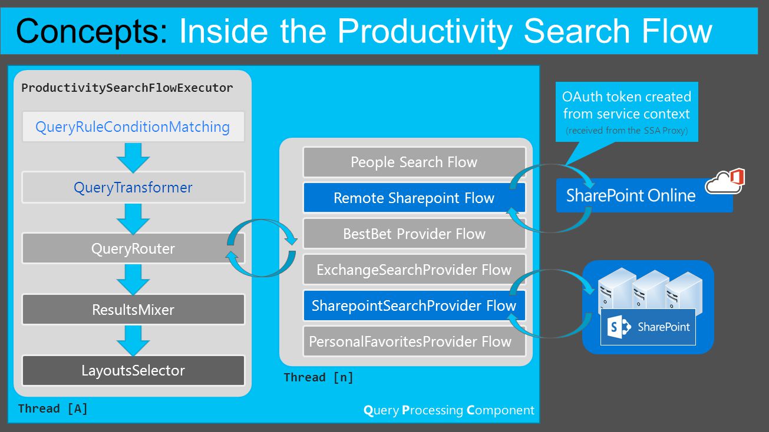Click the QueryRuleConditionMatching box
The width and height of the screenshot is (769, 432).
133,127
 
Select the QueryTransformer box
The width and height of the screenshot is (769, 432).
133,187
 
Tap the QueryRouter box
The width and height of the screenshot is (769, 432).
133,248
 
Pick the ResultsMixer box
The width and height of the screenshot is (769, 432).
133,309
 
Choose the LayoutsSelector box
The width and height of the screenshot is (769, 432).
133,370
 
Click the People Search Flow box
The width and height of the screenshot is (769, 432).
414,162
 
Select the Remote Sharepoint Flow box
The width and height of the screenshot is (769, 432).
414,198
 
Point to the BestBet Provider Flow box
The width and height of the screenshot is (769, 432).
414,234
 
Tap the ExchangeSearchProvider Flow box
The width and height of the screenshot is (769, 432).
414,270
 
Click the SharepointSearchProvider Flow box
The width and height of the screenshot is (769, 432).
414,305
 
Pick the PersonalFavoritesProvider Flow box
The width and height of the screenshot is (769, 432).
414,341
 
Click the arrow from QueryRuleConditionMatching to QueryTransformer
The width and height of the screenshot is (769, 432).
133,158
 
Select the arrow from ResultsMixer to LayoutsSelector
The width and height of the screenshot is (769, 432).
133,341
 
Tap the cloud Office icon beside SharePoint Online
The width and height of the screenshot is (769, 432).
725,181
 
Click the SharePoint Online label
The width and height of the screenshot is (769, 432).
631,195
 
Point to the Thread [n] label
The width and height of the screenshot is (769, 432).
319,377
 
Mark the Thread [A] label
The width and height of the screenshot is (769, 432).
53,408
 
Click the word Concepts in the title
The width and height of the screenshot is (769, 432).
92,32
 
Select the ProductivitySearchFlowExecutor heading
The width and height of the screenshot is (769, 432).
127,88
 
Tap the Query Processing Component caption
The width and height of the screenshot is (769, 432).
448,410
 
